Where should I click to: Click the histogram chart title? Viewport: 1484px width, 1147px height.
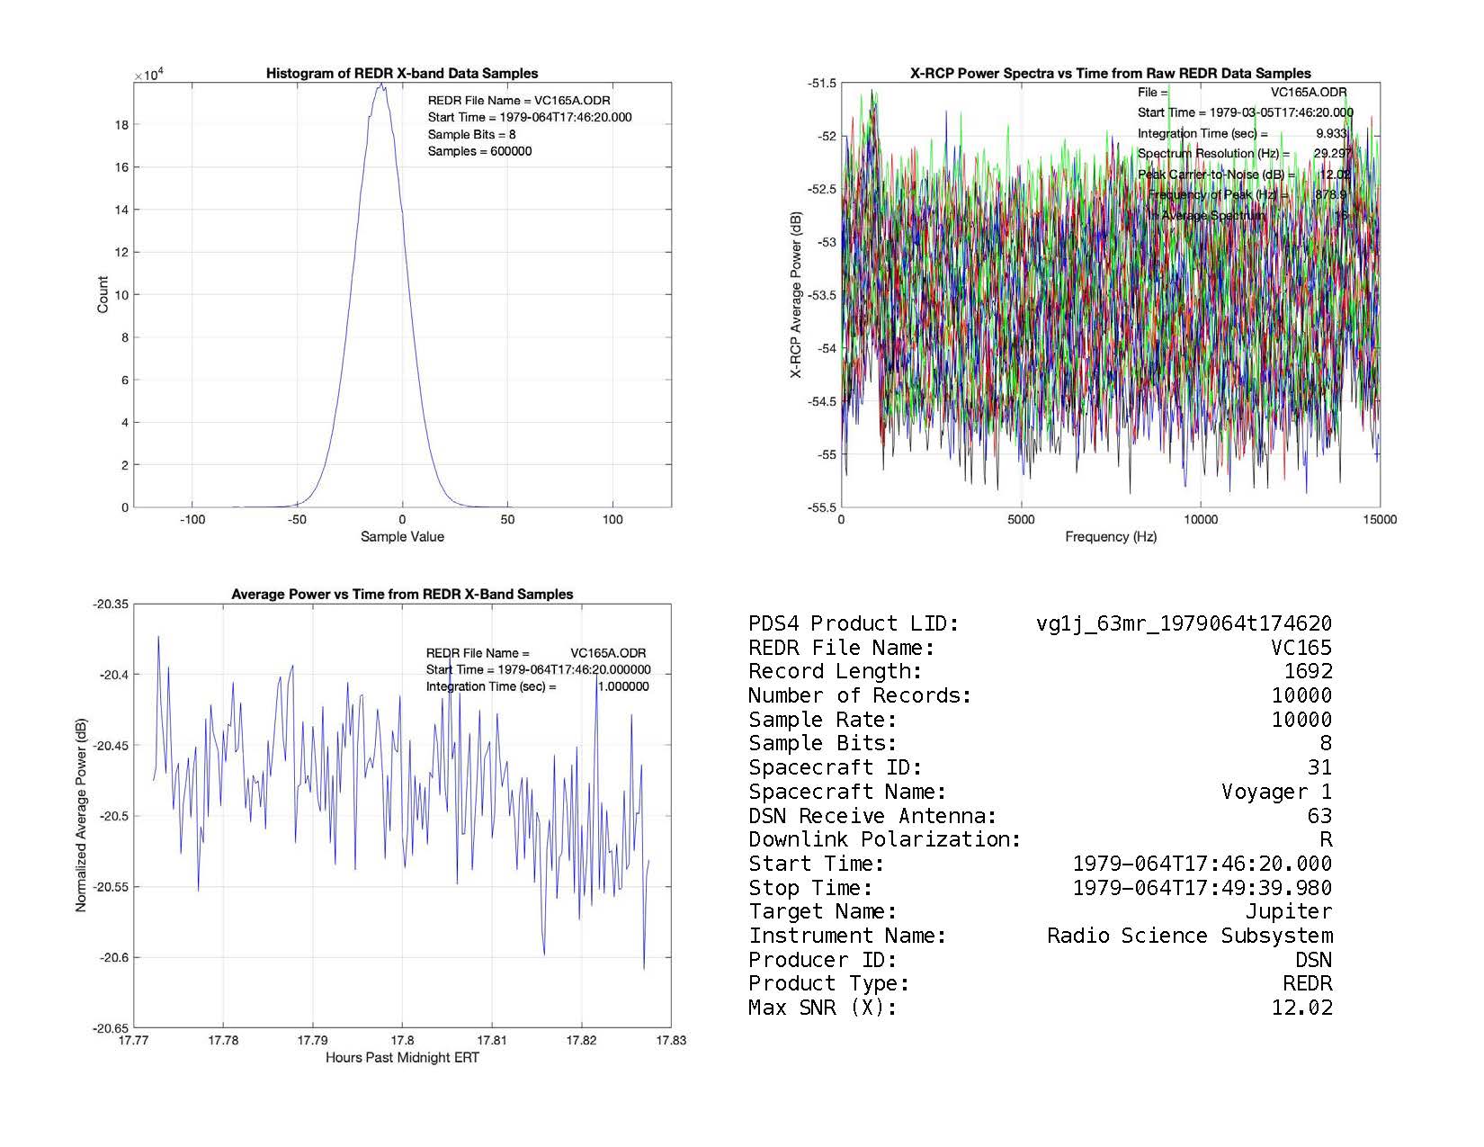pos(402,74)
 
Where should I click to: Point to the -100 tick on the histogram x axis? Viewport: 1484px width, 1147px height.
pos(192,520)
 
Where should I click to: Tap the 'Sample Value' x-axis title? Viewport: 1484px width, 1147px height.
pos(402,537)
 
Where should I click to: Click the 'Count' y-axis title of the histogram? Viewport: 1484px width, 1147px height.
pos(103,294)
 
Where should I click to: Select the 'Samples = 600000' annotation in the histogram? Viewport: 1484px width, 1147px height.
pos(479,151)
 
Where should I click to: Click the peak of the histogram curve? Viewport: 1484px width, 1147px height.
pos(381,85)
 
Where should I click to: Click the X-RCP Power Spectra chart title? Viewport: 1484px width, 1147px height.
pos(1111,74)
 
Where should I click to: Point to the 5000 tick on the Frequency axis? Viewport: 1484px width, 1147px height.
pos(1021,519)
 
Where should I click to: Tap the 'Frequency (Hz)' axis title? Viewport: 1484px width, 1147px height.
pos(1111,537)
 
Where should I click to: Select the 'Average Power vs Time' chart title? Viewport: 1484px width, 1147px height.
pos(402,595)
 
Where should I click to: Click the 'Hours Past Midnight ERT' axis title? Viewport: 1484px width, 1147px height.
pos(402,1058)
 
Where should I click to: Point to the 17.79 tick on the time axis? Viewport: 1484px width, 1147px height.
pos(312,1041)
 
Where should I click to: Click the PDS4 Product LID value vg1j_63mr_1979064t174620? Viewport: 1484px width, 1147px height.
pos(1184,623)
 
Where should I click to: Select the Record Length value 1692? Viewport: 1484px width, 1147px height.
pos(1308,671)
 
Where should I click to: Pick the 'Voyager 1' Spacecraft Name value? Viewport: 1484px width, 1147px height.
pos(1276,792)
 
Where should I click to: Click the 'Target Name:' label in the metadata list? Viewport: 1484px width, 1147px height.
pos(822,911)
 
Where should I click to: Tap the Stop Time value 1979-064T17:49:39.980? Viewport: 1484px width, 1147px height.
pos(1202,888)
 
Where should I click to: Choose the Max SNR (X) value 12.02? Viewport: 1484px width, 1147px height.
pos(1301,1008)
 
